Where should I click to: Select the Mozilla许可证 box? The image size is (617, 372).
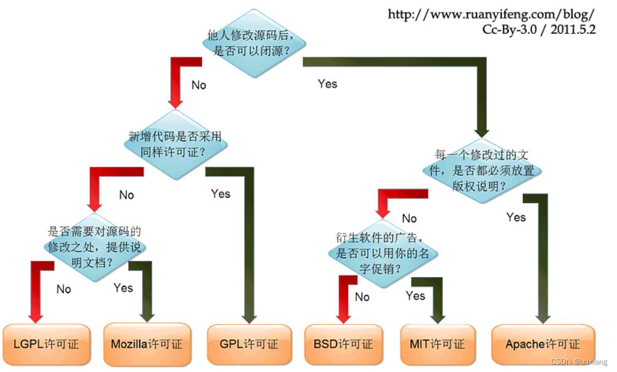pyautogui.click(x=146, y=344)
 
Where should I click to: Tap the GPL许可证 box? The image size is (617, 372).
pyautogui.click(x=249, y=344)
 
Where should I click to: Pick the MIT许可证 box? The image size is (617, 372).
pyautogui.click(x=437, y=344)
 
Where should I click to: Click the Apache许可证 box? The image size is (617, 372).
pyautogui.click(x=543, y=344)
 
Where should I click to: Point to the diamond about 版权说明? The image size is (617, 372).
pyautogui.click(x=481, y=169)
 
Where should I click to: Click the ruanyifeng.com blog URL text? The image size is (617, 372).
pyautogui.click(x=491, y=14)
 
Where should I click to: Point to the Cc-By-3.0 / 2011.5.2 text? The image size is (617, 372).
pyautogui.click(x=539, y=30)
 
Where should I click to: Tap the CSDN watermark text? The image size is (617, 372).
pyautogui.click(x=578, y=362)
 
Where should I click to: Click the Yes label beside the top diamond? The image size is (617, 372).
pyautogui.click(x=327, y=84)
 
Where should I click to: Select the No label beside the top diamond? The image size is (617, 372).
pyautogui.click(x=199, y=85)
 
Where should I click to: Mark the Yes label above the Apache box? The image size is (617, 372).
pyautogui.click(x=516, y=217)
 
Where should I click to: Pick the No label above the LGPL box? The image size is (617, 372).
pyautogui.click(x=63, y=289)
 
